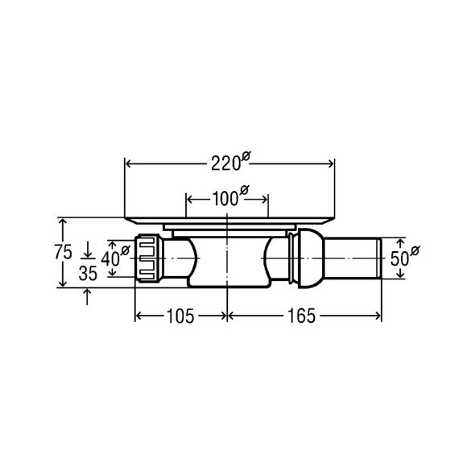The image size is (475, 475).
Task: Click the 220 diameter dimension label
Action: [231, 162]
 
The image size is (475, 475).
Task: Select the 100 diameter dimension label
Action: [230, 197]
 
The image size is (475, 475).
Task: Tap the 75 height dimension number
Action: [64, 252]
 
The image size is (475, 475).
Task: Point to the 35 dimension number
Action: [88, 274]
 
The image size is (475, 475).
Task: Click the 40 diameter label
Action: [115, 258]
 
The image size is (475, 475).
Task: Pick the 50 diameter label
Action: [405, 257]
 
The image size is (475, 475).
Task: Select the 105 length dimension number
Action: [180, 316]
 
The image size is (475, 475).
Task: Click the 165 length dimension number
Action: [301, 316]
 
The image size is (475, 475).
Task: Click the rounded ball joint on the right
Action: [311, 258]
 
